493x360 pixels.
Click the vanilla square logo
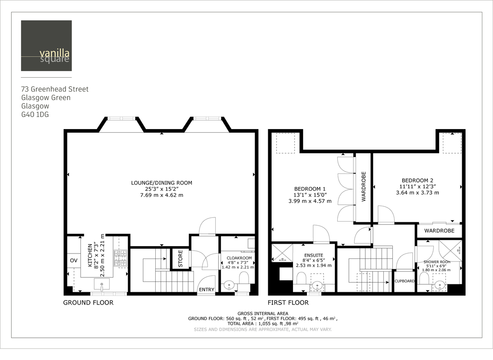click(46, 46)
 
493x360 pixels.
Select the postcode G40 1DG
click(35, 115)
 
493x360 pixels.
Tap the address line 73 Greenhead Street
click(55, 89)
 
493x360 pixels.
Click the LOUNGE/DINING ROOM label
click(161, 183)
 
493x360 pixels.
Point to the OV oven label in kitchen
click(74, 260)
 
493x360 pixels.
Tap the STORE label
click(180, 258)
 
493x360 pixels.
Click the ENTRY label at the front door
click(206, 290)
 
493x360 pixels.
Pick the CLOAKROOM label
click(239, 258)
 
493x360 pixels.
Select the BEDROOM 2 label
click(417, 180)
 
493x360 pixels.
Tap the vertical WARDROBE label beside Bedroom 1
click(363, 187)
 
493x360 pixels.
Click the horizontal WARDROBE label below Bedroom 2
click(439, 231)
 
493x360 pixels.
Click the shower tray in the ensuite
click(282, 253)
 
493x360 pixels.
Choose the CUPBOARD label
click(404, 282)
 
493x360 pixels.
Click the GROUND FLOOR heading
click(88, 303)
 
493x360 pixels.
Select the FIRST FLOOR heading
click(288, 303)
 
